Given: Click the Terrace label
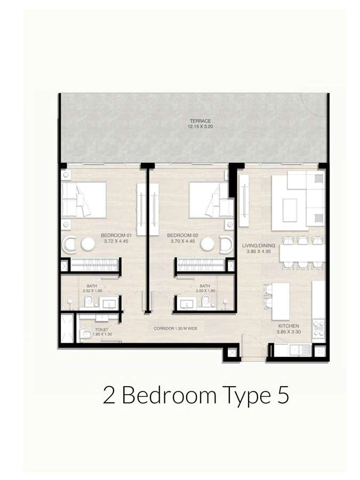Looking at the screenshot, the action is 200,121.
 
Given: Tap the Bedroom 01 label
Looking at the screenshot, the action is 116,235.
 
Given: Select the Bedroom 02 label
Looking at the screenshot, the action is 183,235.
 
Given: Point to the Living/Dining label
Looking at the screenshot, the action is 259,245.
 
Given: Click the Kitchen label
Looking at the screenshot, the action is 289,326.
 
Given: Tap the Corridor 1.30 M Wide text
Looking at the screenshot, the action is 175,329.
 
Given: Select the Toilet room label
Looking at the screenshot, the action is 102,330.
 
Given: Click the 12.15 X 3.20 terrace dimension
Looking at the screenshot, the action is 200,126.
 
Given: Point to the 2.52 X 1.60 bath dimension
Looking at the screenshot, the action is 92,291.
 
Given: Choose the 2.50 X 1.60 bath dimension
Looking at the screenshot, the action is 205,291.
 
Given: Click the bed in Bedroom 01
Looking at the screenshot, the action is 84,200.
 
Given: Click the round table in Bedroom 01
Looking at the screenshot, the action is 89,244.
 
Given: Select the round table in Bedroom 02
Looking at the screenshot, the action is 208,244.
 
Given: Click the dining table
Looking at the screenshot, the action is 302,253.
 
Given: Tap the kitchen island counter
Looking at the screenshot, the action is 281,301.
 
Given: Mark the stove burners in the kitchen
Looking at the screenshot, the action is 318,328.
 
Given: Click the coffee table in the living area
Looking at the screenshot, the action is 290,210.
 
